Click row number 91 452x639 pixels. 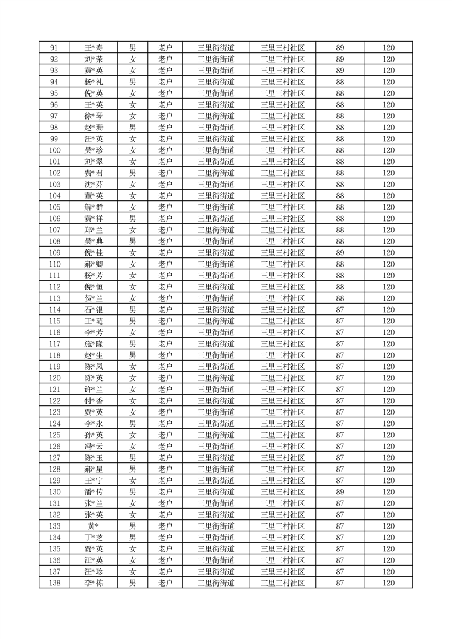coord(54,48)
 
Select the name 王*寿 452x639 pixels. coord(93,48)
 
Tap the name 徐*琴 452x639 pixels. coord(93,116)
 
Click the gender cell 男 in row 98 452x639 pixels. coord(133,128)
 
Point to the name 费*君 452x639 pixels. coord(93,173)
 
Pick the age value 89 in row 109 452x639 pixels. coord(340,253)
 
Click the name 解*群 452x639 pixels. coord(93,207)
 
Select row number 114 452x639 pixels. coord(54,310)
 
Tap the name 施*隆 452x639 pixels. coord(93,344)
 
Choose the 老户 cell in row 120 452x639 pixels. coord(165,378)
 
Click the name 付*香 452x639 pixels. coord(93,401)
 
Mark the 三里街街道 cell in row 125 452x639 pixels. coord(216,435)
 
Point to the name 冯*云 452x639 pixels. coord(93,447)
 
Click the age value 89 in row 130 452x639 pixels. coord(340,492)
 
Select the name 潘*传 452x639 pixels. coord(93,492)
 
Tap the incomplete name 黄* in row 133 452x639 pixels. coord(93,526)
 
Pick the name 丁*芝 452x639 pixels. coord(93,538)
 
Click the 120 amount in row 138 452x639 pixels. coord(388,583)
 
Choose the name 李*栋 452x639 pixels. coord(93,583)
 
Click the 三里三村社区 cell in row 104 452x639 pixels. coord(282,196)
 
